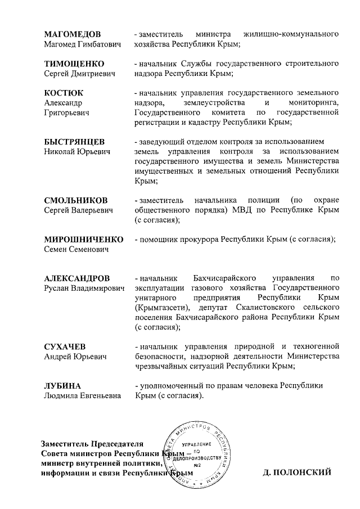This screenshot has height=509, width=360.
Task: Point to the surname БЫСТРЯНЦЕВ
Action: [x=74, y=142]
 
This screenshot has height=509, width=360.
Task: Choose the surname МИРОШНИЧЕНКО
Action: [x=83, y=240]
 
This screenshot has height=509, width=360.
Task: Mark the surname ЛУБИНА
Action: [x=62, y=386]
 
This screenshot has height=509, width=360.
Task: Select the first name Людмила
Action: [x=62, y=396]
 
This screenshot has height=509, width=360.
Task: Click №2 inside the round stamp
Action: [x=197, y=465]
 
